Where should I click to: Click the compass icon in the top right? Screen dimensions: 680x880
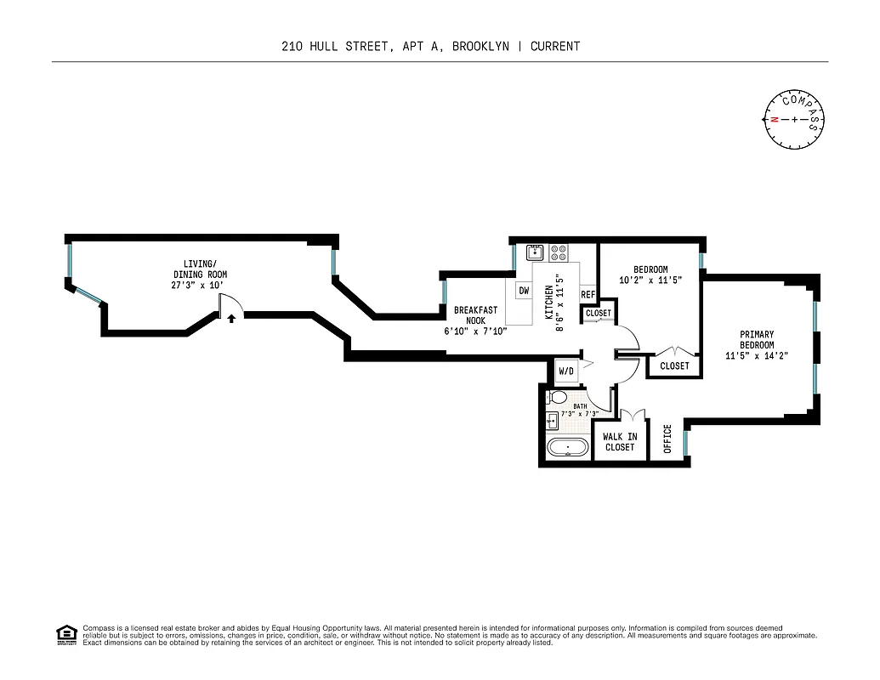pos(794,119)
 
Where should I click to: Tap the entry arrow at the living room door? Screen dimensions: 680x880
pos(231,318)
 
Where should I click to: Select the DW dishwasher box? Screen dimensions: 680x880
pos(524,291)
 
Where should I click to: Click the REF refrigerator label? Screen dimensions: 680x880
pos(588,295)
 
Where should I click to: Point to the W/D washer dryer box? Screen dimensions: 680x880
pos(565,371)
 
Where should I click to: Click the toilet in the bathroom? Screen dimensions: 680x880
pos(559,398)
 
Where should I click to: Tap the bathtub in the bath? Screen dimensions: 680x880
pos(565,448)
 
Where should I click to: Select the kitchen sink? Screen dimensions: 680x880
pos(535,252)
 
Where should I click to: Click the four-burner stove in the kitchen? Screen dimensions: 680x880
pos(559,252)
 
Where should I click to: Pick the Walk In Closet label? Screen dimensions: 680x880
pos(620,442)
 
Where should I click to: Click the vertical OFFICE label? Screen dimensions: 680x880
pos(667,439)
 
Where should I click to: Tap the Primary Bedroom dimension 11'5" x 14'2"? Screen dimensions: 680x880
pos(757,356)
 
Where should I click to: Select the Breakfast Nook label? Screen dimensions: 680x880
pos(475,315)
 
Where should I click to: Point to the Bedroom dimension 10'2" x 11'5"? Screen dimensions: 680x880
pos(650,280)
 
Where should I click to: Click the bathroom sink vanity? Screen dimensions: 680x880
pos(552,420)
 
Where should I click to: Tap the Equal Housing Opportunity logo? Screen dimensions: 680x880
pos(65,635)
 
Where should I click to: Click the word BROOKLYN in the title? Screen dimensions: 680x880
pos(480,46)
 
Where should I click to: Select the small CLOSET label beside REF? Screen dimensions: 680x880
pos(599,313)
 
